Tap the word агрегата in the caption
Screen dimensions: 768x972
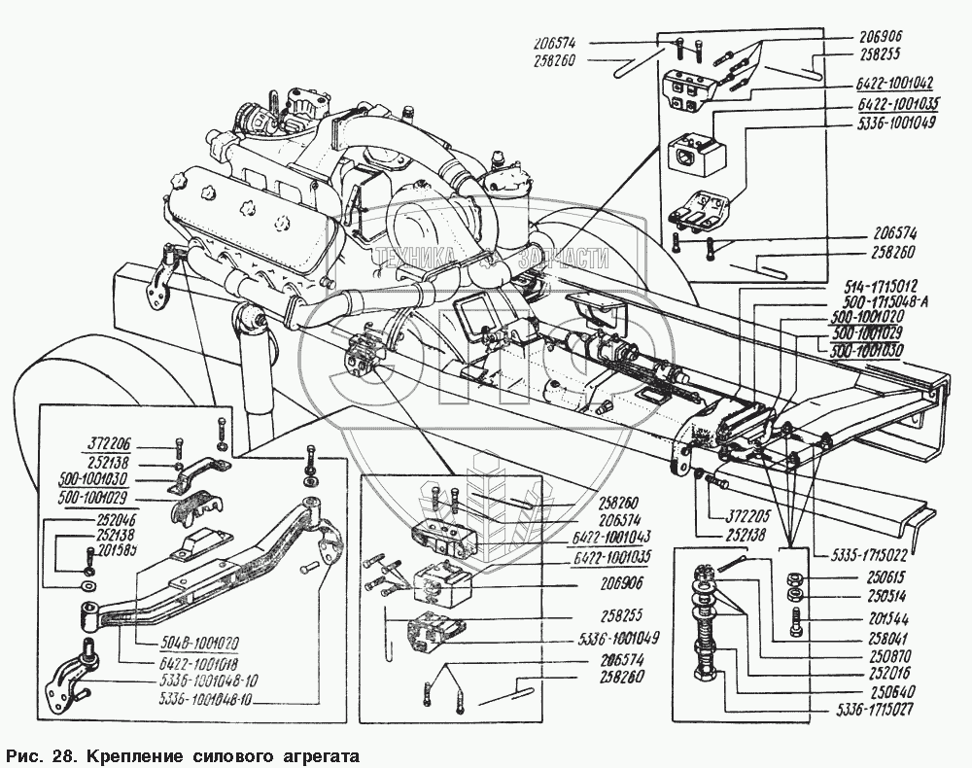314,755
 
